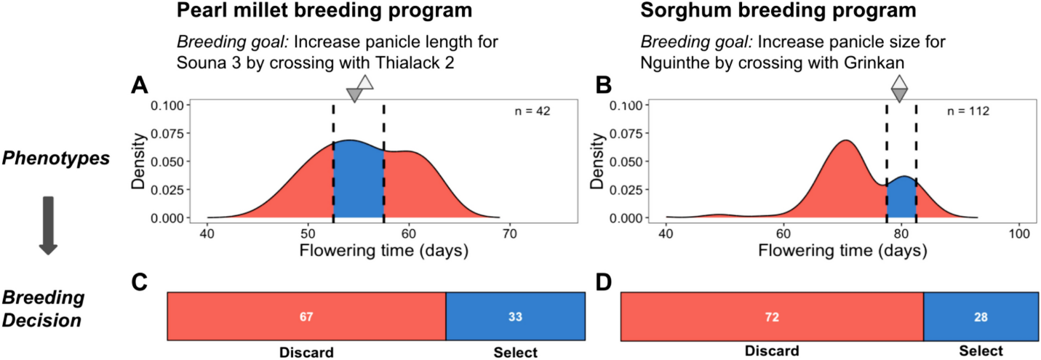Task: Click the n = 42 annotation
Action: tap(533, 112)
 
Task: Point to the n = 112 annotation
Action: tap(968, 112)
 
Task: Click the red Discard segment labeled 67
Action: tap(306, 317)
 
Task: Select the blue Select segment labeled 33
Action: tap(515, 317)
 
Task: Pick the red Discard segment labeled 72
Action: tap(772, 317)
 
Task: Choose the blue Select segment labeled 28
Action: tap(980, 317)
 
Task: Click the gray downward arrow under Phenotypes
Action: tap(48, 225)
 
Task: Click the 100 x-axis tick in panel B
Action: tap(1018, 235)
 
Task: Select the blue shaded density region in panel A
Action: tap(358, 182)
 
